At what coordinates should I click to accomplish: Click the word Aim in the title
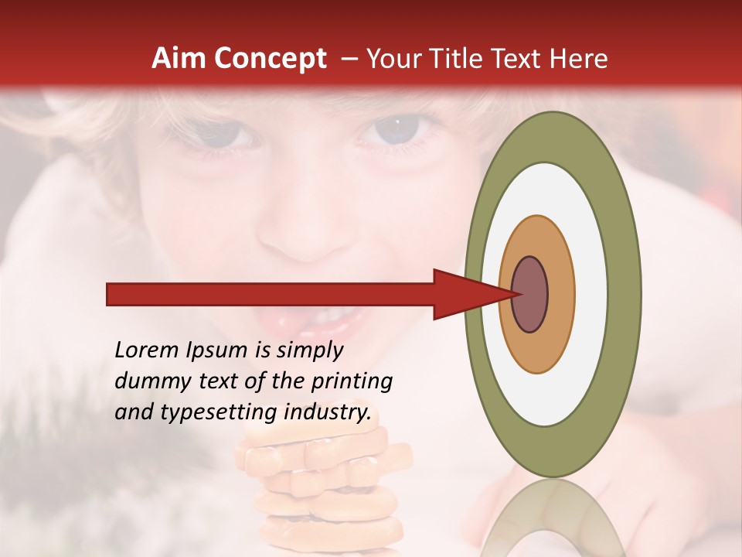point(179,59)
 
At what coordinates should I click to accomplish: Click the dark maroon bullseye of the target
point(529,295)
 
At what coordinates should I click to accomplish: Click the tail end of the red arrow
point(112,295)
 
